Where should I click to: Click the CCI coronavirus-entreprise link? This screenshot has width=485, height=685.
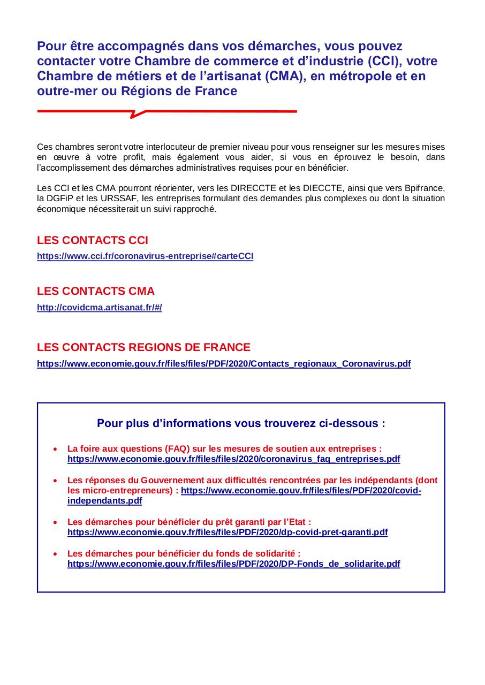pos(145,256)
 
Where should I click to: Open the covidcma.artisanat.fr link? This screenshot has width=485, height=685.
pos(99,308)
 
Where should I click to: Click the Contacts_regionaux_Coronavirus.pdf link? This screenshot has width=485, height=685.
pos(224,364)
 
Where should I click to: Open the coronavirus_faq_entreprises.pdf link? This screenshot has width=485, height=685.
pos(233,459)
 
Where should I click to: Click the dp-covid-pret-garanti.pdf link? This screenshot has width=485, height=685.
pos(228,532)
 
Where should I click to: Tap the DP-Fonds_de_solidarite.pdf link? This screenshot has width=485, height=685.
pos(233,564)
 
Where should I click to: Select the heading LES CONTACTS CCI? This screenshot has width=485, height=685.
pos(92,240)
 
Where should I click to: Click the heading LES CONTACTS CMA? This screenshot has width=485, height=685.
pos(95,291)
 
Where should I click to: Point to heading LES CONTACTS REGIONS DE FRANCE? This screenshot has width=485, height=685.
pos(143,347)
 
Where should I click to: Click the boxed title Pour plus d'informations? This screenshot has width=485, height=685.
pos(241,423)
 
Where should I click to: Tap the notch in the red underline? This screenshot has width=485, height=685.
pos(138,113)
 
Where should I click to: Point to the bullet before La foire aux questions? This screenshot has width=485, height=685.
pos(56,448)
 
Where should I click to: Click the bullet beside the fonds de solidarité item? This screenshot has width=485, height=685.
pos(56,553)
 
